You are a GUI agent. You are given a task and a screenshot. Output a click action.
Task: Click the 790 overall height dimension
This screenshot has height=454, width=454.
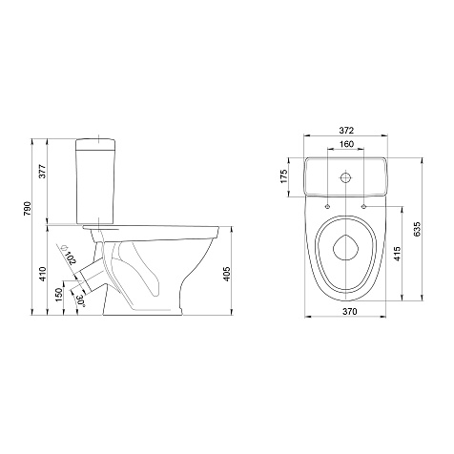(28, 209)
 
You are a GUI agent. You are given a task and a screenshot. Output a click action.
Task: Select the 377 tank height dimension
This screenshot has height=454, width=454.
(43, 172)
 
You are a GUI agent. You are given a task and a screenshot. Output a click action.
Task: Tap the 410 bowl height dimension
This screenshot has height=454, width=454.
(43, 274)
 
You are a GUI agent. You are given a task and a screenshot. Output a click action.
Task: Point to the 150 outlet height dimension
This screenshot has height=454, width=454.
(59, 295)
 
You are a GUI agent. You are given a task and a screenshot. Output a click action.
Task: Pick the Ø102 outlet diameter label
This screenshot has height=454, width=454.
(68, 255)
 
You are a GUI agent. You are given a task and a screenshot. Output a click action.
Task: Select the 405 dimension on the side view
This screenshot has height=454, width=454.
(226, 274)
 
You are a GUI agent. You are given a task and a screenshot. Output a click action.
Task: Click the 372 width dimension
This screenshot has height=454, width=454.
(346, 131)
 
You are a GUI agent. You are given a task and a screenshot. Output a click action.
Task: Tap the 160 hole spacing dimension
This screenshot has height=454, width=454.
(346, 144)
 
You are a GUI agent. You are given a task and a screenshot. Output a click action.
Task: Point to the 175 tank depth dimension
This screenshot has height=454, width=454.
(283, 176)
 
